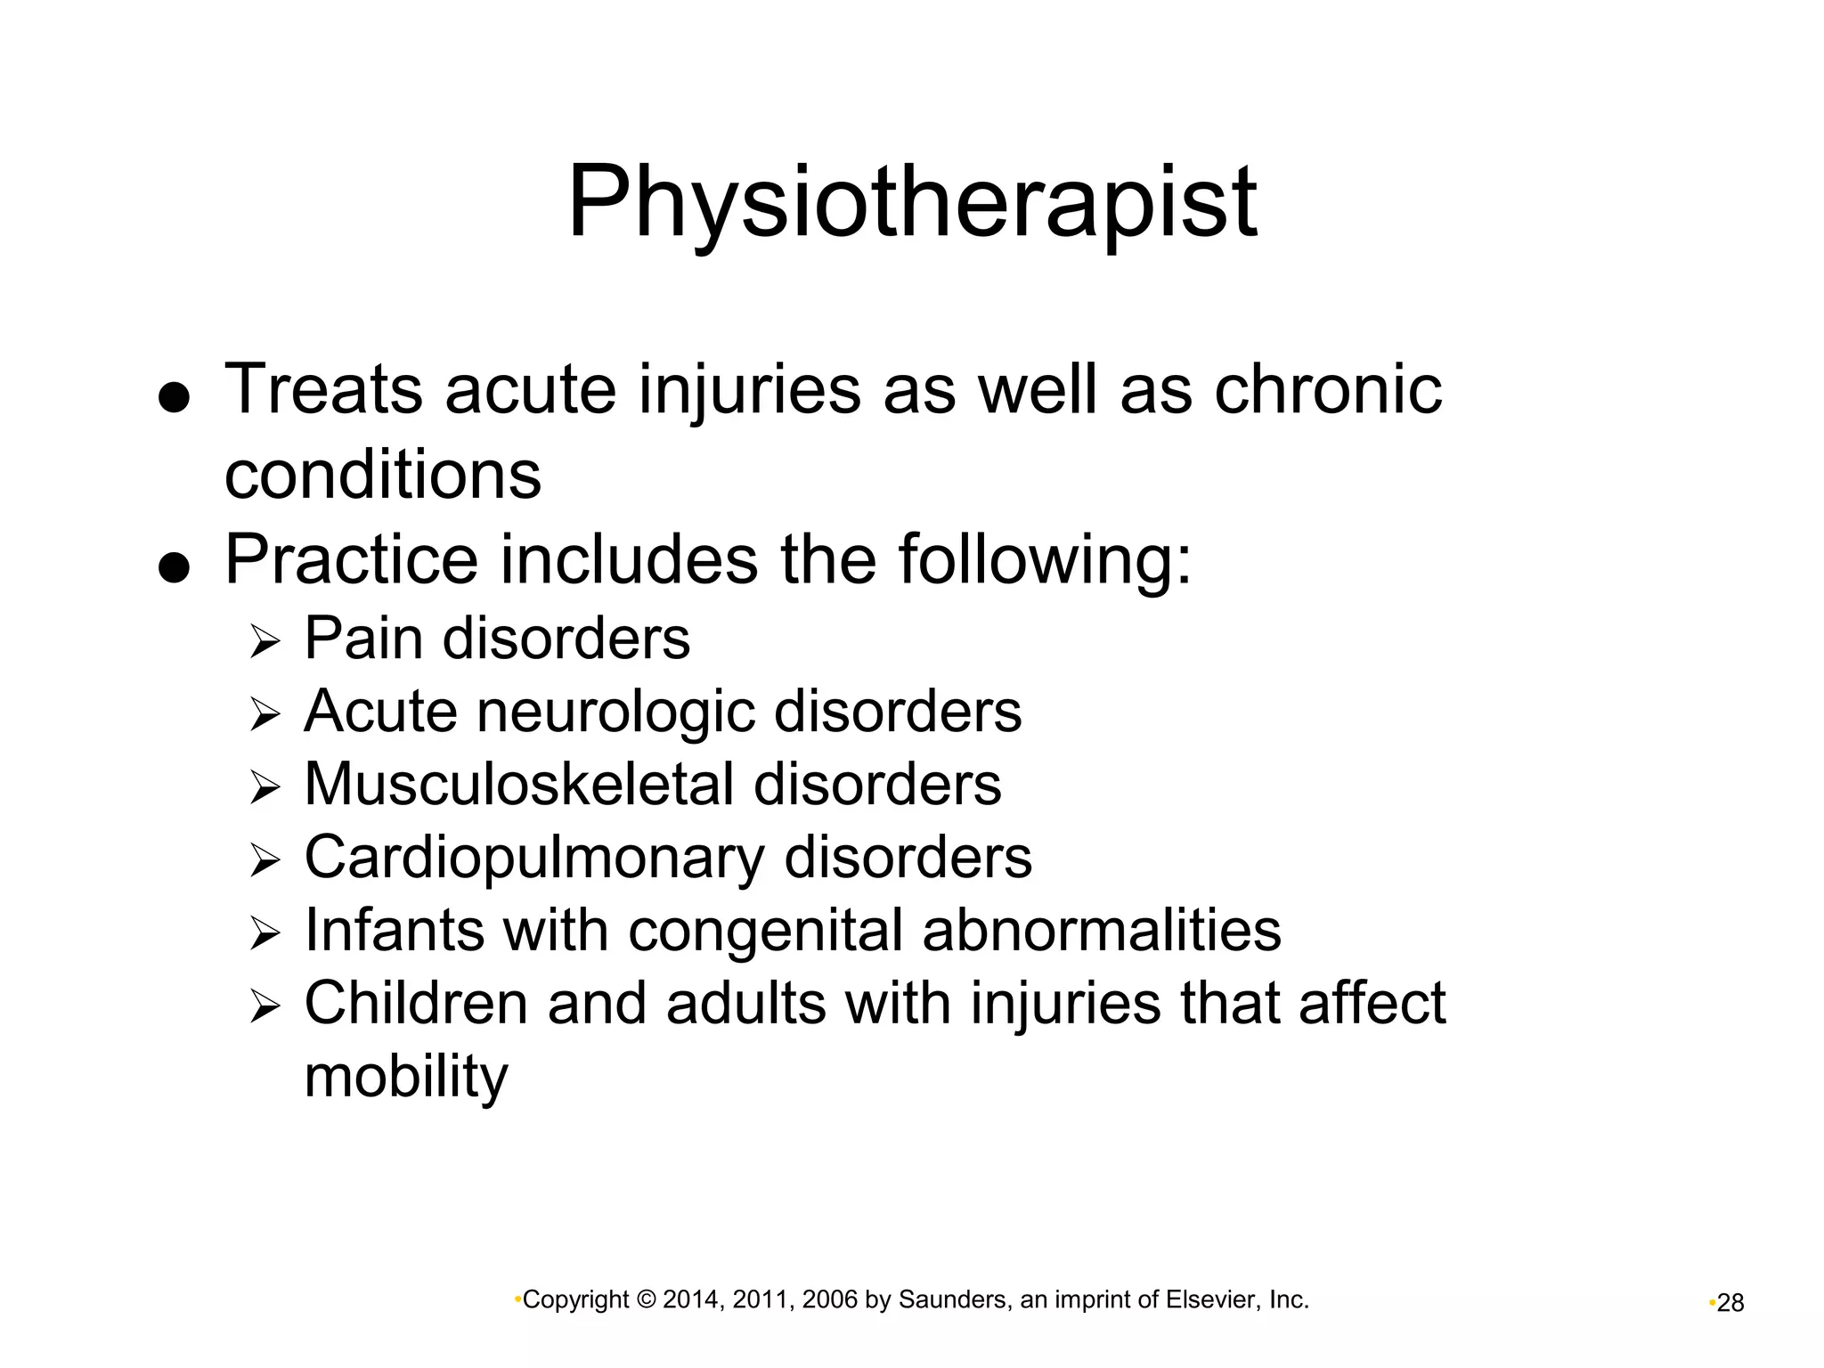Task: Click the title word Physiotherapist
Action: point(911,203)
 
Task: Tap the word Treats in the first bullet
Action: point(322,389)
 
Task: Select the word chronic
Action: point(1328,389)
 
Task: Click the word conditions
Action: point(382,474)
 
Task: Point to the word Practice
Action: point(352,559)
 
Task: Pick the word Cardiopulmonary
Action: point(533,858)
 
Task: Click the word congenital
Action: point(765,931)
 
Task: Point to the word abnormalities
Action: point(1102,930)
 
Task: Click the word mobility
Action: point(406,1077)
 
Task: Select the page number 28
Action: point(1730,1303)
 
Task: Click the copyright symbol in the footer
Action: point(647,1300)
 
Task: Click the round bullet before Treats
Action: point(174,398)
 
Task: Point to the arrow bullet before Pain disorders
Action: point(265,641)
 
